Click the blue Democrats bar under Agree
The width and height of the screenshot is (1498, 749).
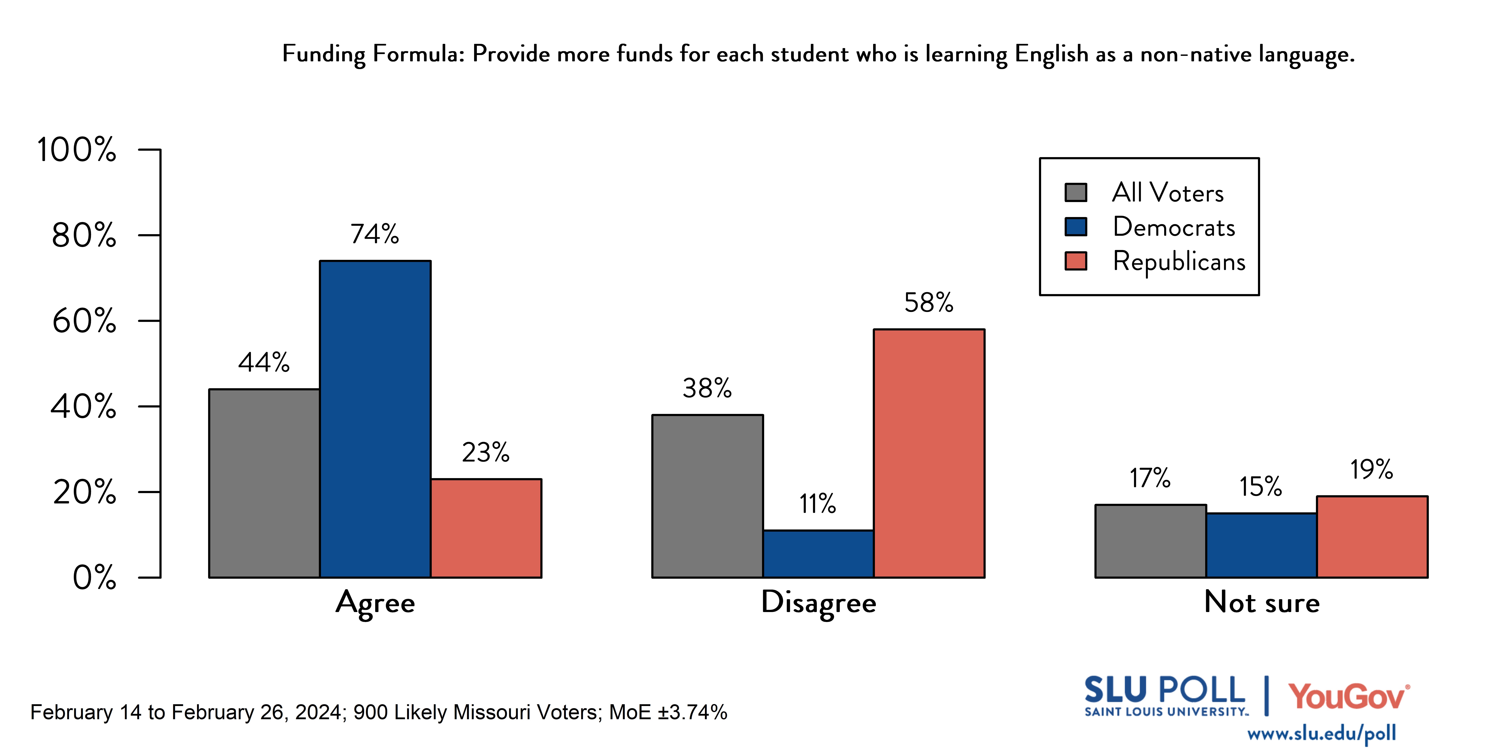click(x=375, y=419)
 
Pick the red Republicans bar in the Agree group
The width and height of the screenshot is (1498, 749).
click(x=486, y=528)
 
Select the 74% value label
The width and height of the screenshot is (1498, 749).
click(x=374, y=234)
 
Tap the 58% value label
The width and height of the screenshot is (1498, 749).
click(x=929, y=302)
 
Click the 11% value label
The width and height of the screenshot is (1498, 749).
click(x=818, y=504)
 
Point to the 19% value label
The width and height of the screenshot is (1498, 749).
click(x=1371, y=469)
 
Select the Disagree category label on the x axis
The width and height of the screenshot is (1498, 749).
click(x=818, y=602)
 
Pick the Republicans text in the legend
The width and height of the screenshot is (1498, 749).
click(x=1179, y=261)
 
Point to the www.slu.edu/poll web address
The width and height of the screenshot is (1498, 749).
click(x=1321, y=733)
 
